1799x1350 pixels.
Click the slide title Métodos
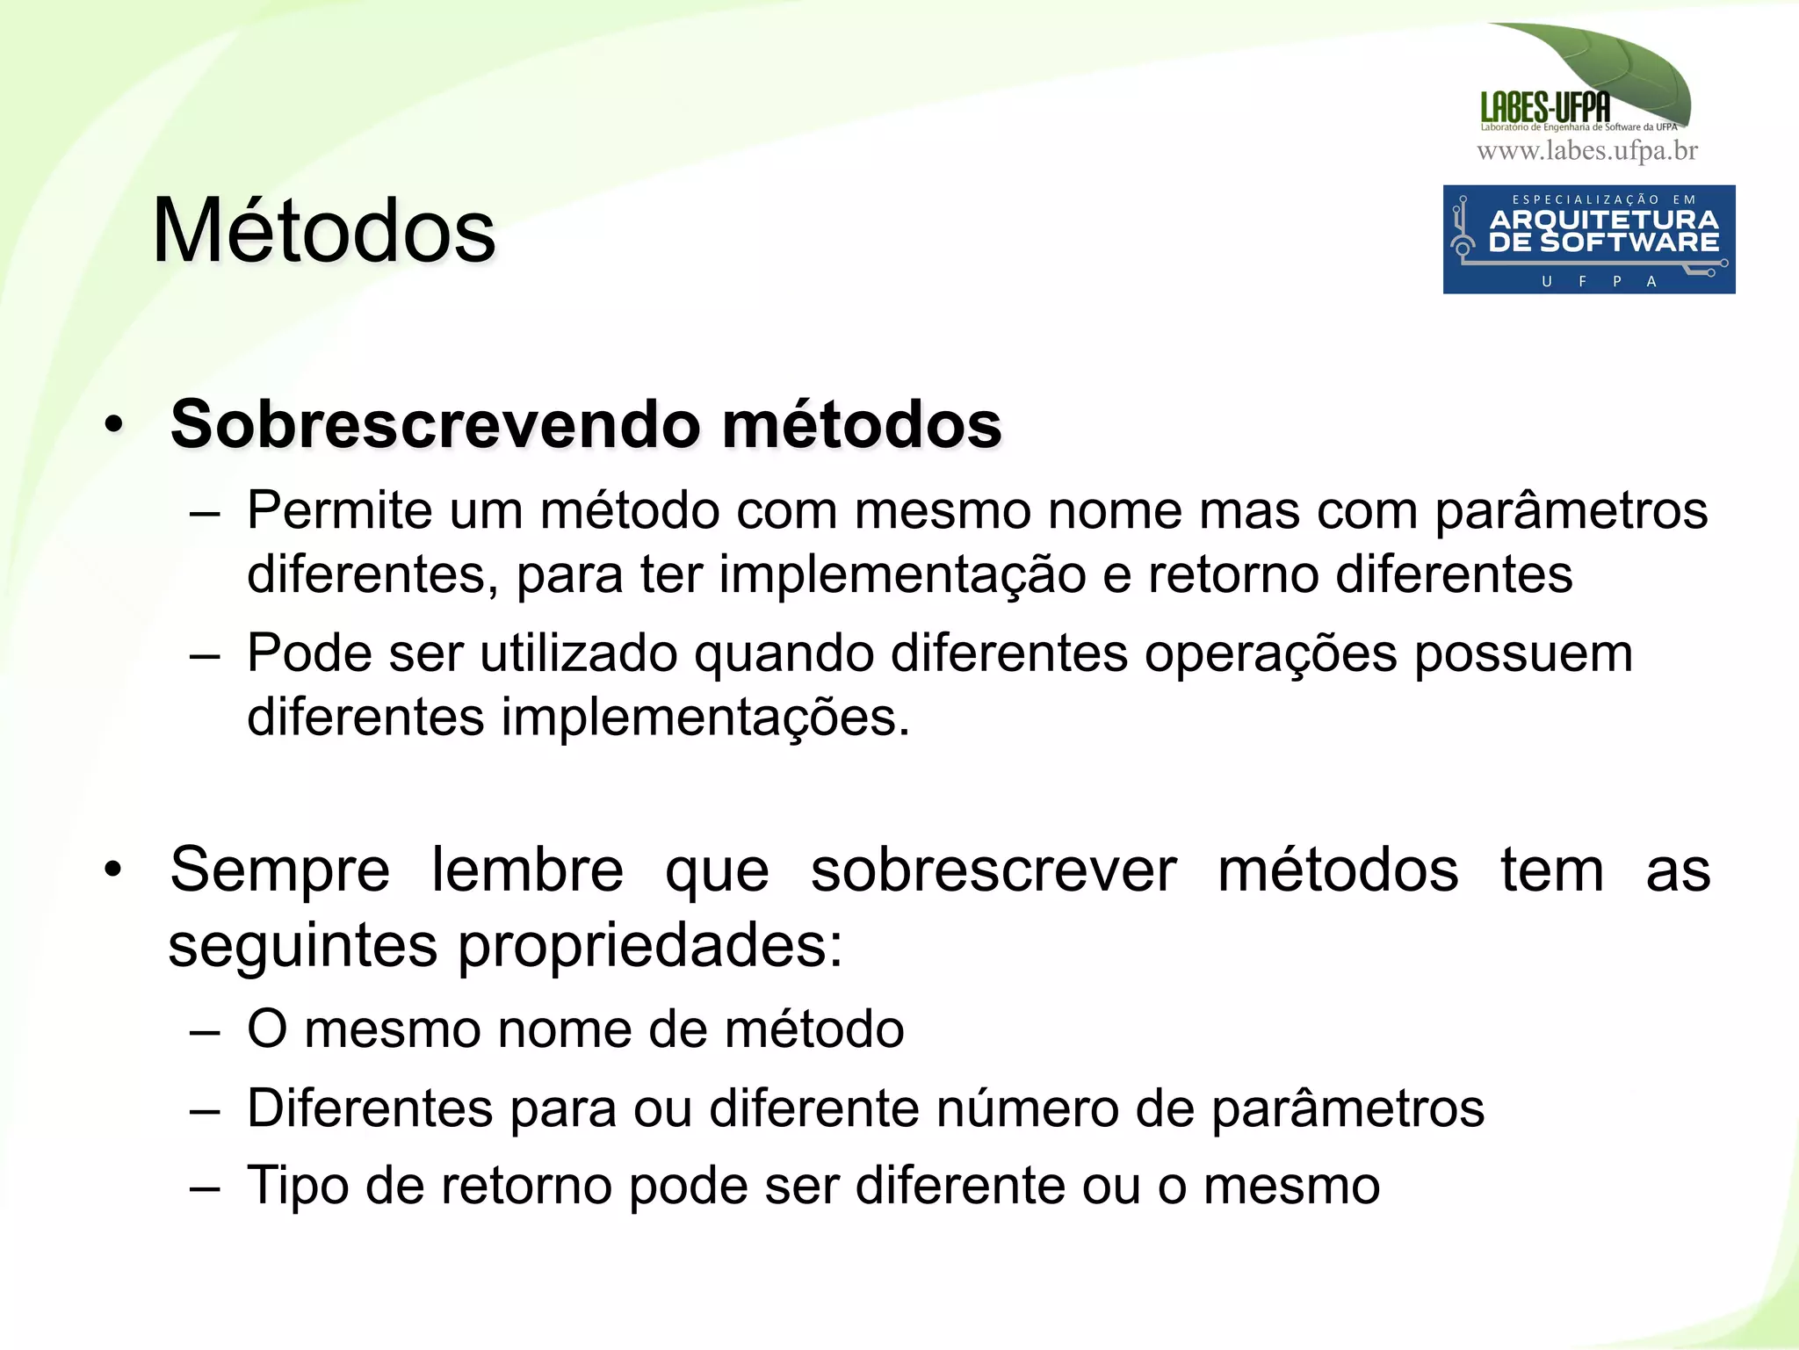click(x=323, y=231)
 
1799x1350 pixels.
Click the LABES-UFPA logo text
click(x=1544, y=107)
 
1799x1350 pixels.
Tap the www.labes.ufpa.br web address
click(x=1586, y=151)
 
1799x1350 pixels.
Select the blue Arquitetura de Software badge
click(x=1588, y=239)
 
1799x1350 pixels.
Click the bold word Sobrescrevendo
click(x=434, y=424)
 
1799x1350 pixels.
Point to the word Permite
click(x=339, y=510)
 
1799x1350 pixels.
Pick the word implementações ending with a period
click(x=704, y=718)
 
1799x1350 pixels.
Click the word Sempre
click(x=279, y=870)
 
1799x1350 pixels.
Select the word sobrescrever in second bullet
click(x=993, y=870)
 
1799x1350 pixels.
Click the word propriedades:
click(x=650, y=946)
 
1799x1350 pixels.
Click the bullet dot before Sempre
click(x=113, y=870)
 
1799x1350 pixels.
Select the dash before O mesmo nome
click(x=204, y=1031)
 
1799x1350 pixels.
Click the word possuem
click(x=1522, y=653)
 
